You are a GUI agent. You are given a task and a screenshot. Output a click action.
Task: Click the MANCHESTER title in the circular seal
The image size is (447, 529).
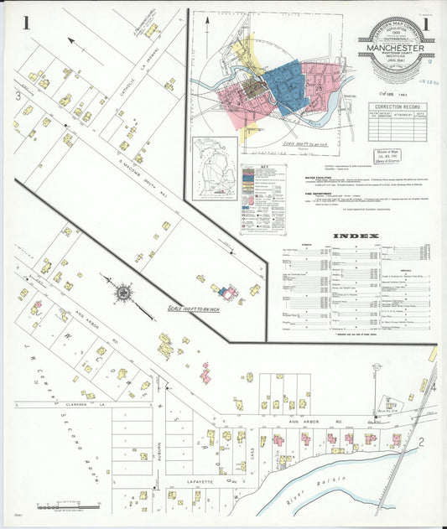395,49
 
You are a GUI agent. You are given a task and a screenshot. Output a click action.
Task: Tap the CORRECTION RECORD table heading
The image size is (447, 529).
397,106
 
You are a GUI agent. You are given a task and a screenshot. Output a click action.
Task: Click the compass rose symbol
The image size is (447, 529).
124,293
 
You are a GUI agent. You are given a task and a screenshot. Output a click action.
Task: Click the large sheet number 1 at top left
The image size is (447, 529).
27,23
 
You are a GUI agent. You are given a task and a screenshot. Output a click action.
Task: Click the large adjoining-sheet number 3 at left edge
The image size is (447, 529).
18,96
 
